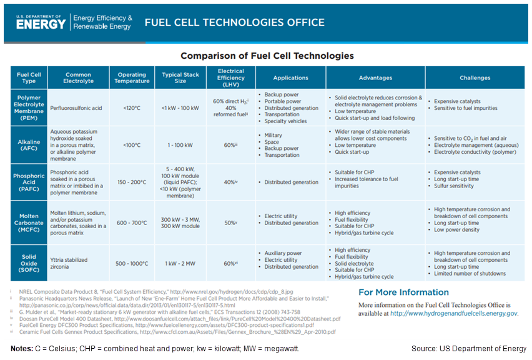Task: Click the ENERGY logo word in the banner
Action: click(41, 24)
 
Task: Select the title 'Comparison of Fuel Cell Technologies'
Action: click(267, 56)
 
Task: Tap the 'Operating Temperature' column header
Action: click(132, 77)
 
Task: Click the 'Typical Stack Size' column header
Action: click(180, 77)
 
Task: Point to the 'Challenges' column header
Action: click(475, 77)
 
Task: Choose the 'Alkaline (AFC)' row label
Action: click(29, 146)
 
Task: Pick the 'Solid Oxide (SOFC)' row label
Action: click(29, 263)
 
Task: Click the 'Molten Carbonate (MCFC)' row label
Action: click(29, 222)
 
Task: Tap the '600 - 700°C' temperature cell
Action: click(132, 222)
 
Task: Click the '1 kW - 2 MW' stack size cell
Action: click(180, 263)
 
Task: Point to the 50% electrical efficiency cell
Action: click(230, 222)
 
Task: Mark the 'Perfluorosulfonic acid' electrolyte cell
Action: click(76, 108)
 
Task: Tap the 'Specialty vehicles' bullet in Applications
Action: click(286, 121)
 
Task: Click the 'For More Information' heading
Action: click(403, 292)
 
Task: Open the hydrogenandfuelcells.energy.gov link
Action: click(454, 313)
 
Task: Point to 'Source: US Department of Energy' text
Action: click(469, 348)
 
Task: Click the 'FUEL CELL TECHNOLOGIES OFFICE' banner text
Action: click(235, 22)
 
